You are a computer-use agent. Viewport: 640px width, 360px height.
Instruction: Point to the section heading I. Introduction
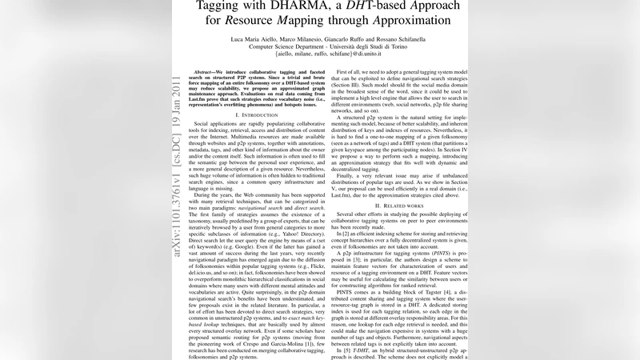(248, 115)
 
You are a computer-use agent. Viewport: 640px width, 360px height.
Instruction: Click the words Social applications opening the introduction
(222, 126)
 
